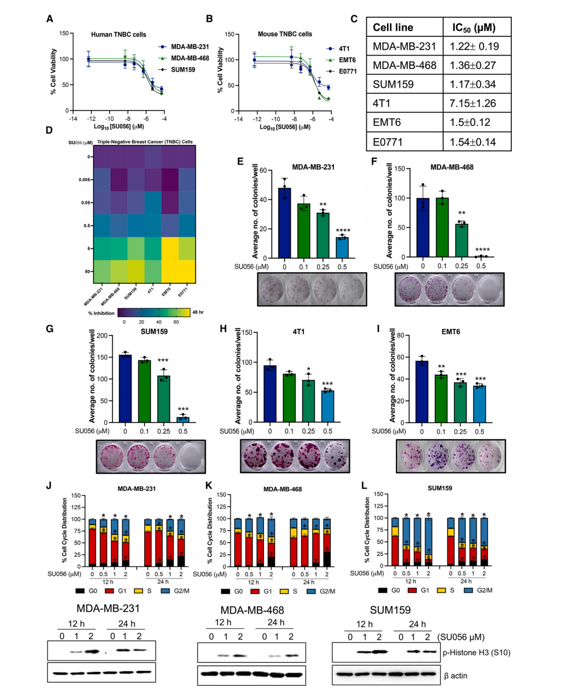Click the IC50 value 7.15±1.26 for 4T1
[473, 103]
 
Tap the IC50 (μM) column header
[473, 27]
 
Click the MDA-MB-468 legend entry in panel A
[189, 58]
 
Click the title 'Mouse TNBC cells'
[285, 34]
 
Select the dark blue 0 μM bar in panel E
[284, 223]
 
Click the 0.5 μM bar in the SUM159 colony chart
[183, 419]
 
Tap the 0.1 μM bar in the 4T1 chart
[289, 398]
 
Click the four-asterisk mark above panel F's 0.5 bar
[482, 250]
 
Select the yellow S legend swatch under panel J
[139, 591]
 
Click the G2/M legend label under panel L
[485, 590]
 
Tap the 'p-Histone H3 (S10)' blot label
[476, 652]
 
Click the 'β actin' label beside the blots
[455, 675]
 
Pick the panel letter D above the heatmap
[49, 130]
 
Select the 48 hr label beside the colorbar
[198, 312]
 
